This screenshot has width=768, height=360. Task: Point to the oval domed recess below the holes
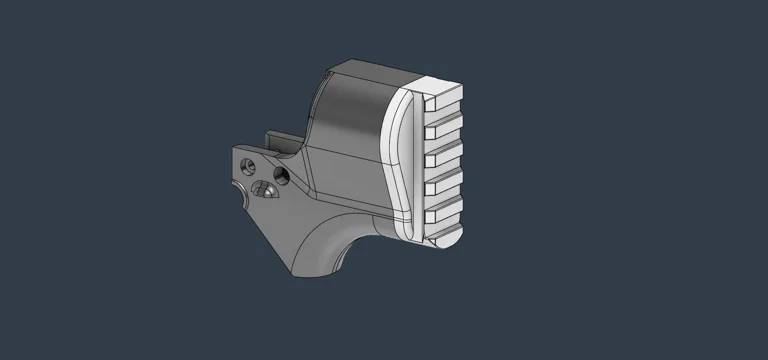[x=263, y=189]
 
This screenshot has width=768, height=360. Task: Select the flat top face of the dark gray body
[x=360, y=69]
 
